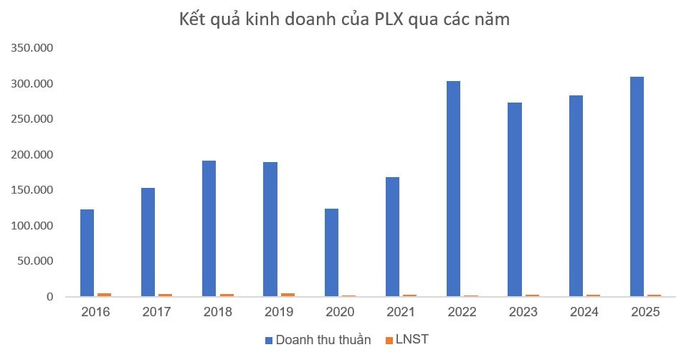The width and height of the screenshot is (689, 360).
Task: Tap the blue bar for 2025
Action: (x=637, y=186)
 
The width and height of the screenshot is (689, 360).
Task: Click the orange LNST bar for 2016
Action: (x=104, y=294)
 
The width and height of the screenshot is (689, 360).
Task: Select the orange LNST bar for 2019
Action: (x=288, y=294)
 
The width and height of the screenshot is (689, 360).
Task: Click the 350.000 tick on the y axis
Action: (x=34, y=48)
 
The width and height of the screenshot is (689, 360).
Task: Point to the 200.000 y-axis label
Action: (x=34, y=155)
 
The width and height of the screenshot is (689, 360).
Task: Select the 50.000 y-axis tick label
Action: (x=37, y=261)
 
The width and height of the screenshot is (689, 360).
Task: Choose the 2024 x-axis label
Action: (x=584, y=313)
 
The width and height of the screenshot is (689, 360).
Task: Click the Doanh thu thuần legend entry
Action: (x=323, y=340)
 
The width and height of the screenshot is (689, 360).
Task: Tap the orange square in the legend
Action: (x=390, y=340)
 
